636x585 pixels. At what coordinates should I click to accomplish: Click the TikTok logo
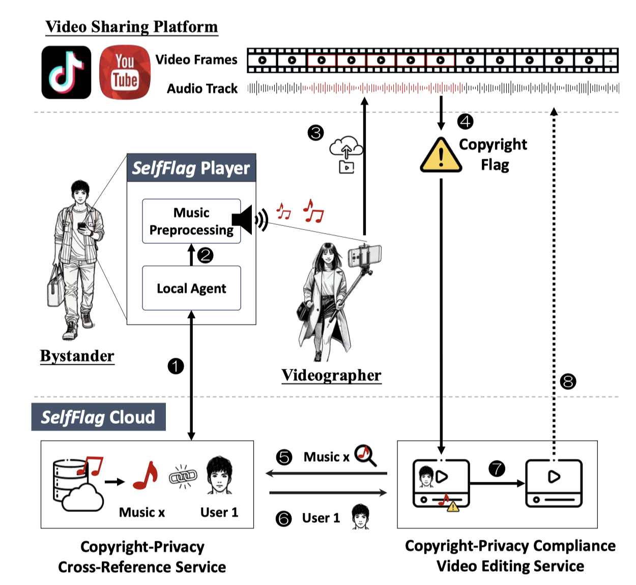(x=66, y=72)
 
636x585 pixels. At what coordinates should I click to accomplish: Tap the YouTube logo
(x=125, y=72)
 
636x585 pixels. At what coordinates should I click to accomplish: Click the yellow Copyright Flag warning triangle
(x=441, y=155)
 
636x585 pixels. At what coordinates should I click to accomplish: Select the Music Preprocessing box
(x=191, y=221)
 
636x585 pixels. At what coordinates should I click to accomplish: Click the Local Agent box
(x=191, y=288)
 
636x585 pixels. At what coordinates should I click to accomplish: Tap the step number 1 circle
(x=176, y=366)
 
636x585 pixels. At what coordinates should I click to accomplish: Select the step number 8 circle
(x=568, y=381)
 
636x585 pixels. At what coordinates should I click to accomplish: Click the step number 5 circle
(x=284, y=457)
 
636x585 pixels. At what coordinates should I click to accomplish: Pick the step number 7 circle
(x=497, y=468)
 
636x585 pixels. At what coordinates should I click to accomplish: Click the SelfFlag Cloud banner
(x=98, y=417)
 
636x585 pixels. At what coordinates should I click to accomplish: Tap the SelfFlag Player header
(x=191, y=168)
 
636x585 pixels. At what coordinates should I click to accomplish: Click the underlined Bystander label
(x=77, y=356)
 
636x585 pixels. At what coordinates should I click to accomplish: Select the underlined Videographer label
(x=331, y=375)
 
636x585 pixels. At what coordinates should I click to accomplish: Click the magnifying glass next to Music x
(x=365, y=455)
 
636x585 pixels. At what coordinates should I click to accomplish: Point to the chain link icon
(x=183, y=477)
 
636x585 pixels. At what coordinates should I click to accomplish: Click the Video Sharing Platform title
(x=131, y=26)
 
